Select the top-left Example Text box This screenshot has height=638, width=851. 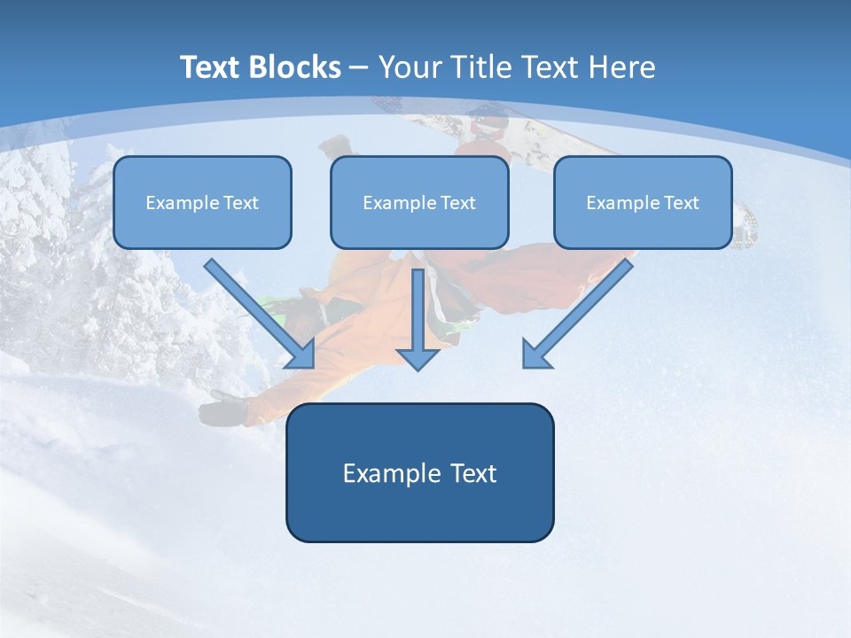tap(202, 202)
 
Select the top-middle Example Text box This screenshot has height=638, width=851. tap(419, 202)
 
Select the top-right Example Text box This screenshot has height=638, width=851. tap(643, 202)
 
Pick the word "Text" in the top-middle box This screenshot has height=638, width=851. tap(458, 202)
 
